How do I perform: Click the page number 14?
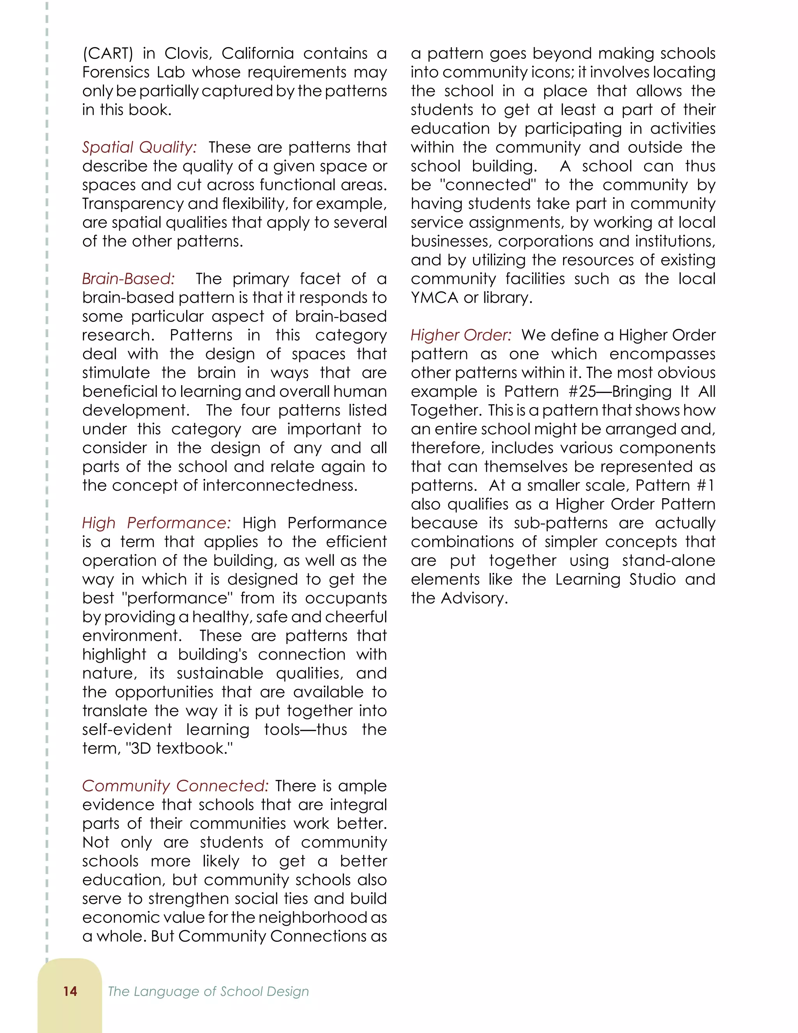click(x=70, y=991)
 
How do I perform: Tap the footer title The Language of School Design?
click(x=208, y=991)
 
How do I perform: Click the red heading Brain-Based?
click(x=129, y=279)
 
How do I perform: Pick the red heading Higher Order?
click(x=461, y=335)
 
